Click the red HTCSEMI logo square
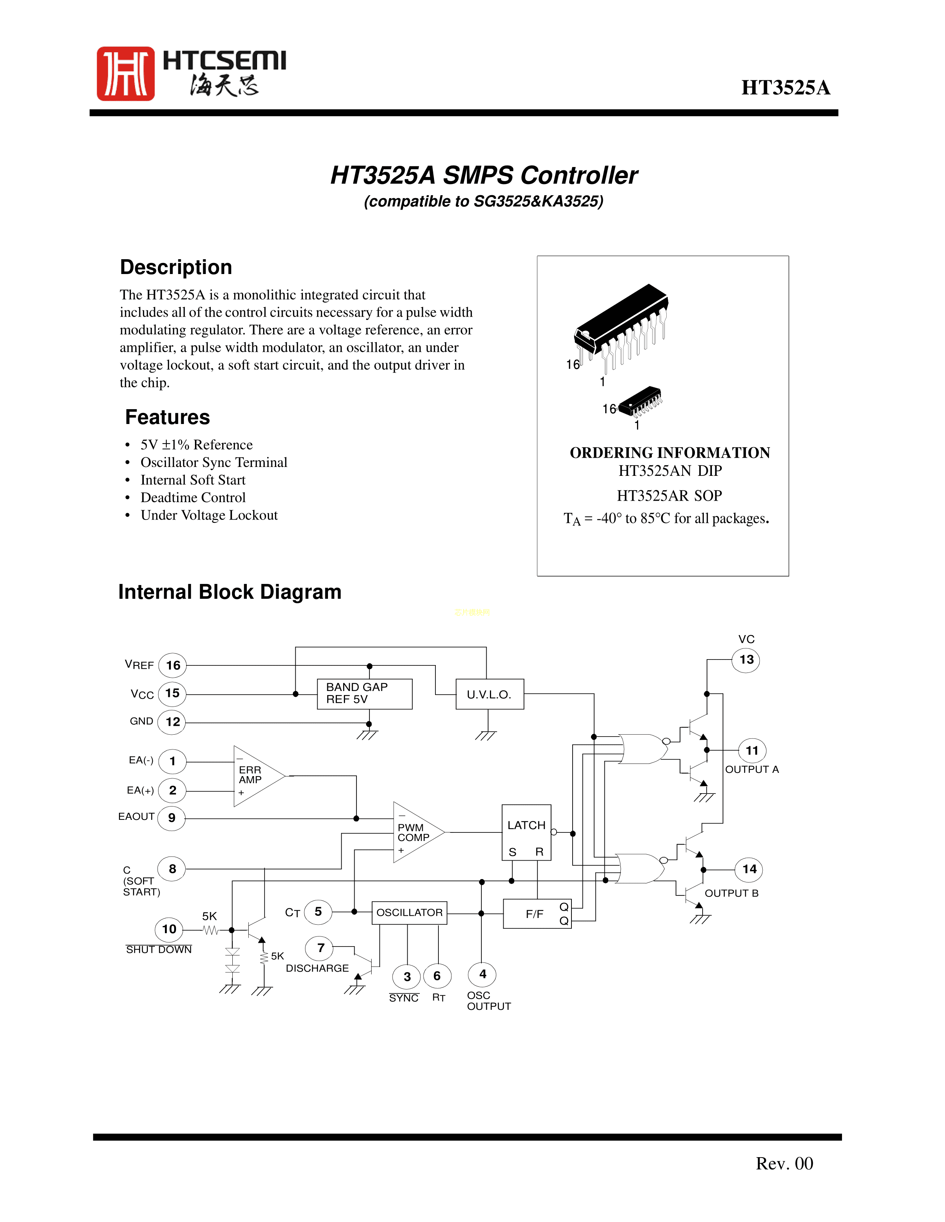125,73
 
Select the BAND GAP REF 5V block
364,694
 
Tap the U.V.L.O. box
489,694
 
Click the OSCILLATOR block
409,912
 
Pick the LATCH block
526,832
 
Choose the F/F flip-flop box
536,913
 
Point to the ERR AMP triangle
255,776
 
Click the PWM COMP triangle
415,832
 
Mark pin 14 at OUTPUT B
749,869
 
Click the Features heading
168,417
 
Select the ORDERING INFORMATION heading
670,453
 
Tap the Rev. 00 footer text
784,1163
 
